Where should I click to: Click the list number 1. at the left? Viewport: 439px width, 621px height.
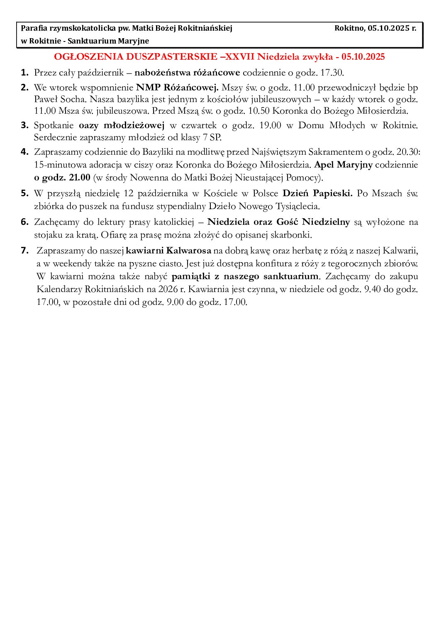[x=25, y=73]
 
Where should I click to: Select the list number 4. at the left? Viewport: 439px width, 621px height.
[x=25, y=152]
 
